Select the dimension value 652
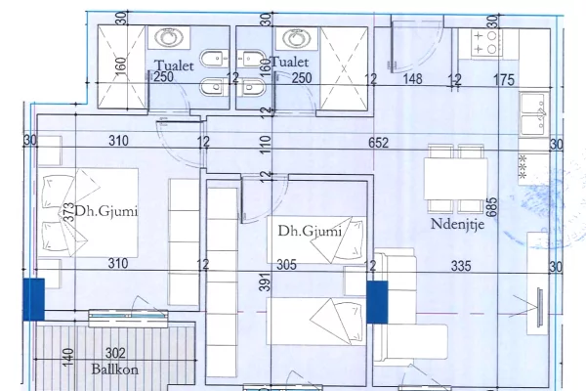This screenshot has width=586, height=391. coord(379,143)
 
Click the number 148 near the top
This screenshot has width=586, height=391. coord(413,79)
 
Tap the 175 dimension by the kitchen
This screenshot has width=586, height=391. coord(503,79)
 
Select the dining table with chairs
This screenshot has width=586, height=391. coord(455,179)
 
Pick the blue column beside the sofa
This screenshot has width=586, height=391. coord(377,299)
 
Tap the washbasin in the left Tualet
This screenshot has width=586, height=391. coord(163,38)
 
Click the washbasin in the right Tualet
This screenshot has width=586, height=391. coord(292,38)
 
